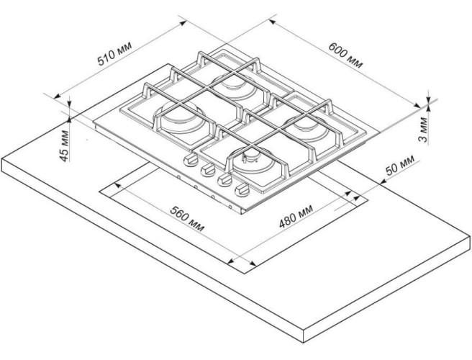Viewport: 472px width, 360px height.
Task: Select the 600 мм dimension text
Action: (346, 54)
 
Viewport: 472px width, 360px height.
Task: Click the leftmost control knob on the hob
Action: (190, 159)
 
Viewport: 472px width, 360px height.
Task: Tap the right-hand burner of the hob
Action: (306, 120)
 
